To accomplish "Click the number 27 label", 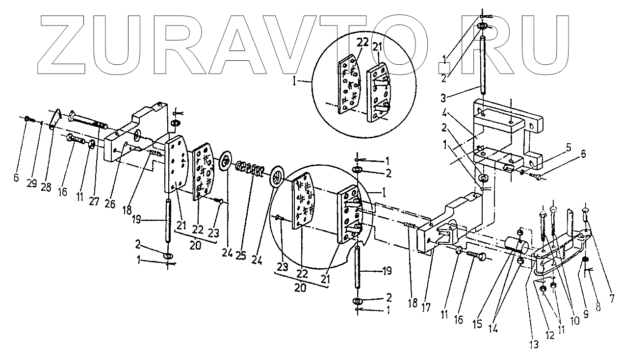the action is click(x=93, y=201).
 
